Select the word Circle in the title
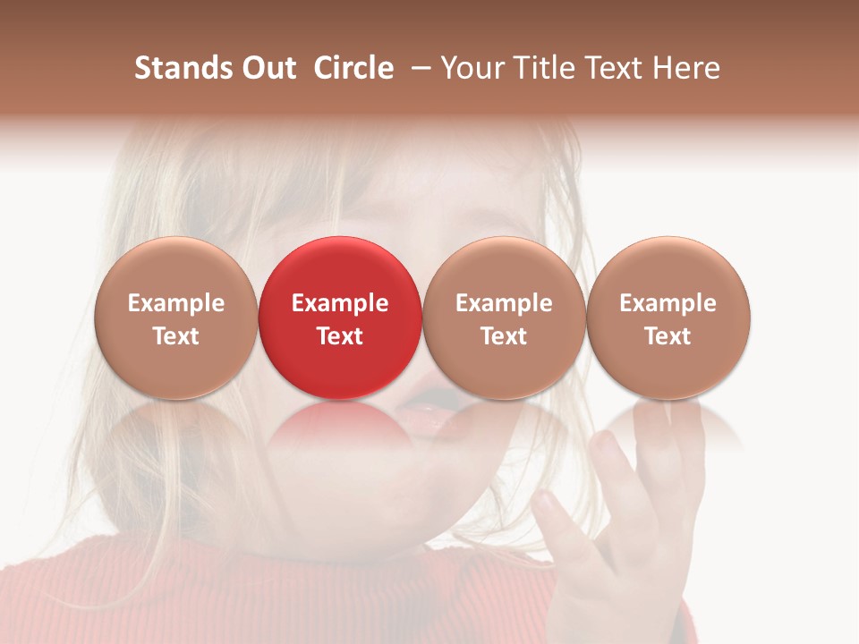click(353, 68)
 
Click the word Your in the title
click(471, 68)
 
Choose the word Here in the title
click(686, 68)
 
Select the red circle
click(339, 318)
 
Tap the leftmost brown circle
click(175, 318)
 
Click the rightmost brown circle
click(668, 318)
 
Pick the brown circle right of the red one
click(504, 318)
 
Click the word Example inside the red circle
click(340, 303)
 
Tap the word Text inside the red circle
click(340, 336)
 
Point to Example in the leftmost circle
click(176, 303)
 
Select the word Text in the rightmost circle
click(668, 336)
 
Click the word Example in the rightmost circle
click(668, 303)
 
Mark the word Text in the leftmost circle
click(176, 336)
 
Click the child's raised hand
click(617, 519)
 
